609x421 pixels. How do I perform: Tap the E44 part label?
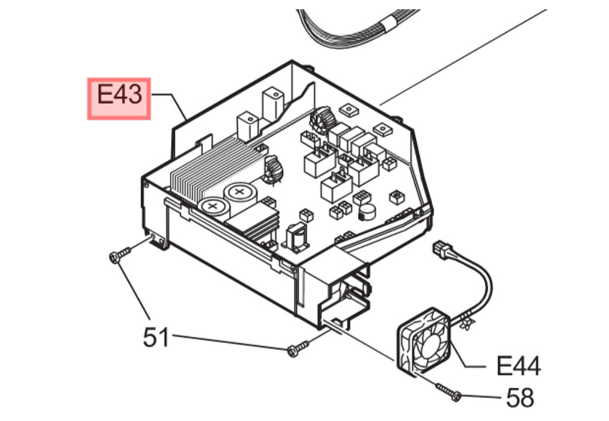(518, 367)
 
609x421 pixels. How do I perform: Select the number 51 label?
(156, 337)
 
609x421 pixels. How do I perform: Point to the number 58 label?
(520, 398)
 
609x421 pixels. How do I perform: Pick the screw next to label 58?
(449, 392)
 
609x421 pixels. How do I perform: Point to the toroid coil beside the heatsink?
(272, 170)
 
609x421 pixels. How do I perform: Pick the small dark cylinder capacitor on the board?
(368, 212)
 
